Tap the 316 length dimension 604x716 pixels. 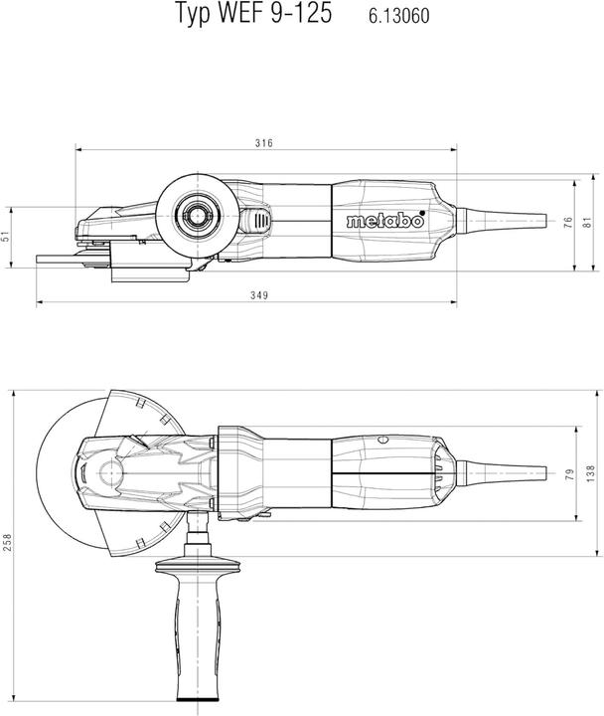tap(263, 143)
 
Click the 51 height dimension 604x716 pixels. tap(5, 237)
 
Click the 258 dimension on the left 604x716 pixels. tap(8, 543)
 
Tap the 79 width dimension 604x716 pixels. tap(569, 475)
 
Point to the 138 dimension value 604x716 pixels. tap(589, 473)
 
